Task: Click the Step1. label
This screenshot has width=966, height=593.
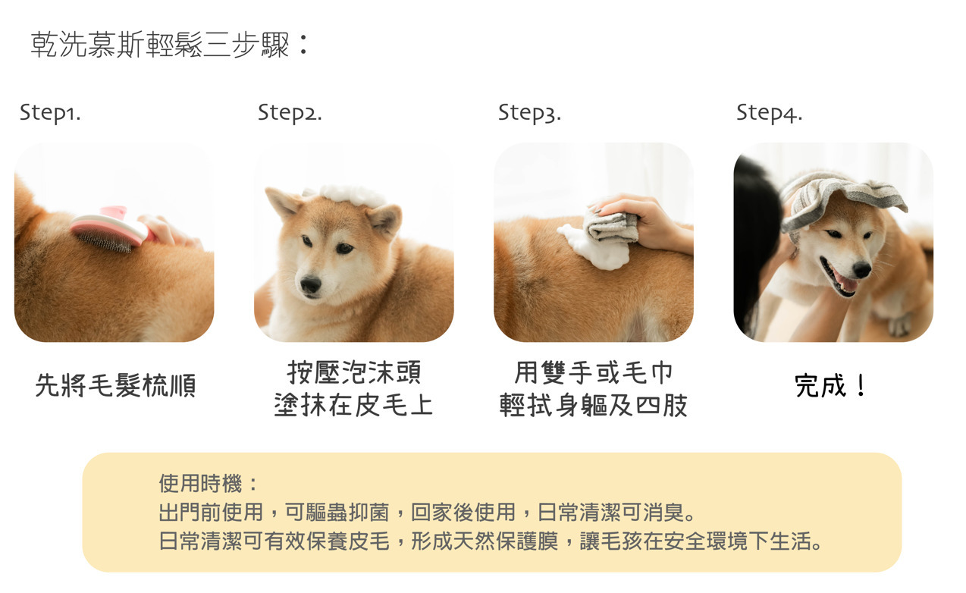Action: point(50,114)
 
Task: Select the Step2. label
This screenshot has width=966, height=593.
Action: point(290,114)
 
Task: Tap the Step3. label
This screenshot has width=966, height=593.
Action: point(529,114)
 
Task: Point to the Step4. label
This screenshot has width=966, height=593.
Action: point(769,114)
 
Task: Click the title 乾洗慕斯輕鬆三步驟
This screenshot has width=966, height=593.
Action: point(160,45)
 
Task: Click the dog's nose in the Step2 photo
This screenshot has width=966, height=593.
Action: point(311,284)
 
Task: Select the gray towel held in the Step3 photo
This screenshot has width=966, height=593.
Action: point(610,225)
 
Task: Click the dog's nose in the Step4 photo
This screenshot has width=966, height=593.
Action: point(862,270)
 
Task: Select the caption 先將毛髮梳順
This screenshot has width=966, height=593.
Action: point(115,385)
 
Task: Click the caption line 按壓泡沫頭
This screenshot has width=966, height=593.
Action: point(354,372)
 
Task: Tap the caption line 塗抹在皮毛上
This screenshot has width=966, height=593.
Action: point(353,405)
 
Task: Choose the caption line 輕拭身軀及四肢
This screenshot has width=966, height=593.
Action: point(594,405)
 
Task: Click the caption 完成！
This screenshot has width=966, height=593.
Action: point(830,385)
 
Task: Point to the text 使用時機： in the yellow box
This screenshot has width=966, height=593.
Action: point(208,483)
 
